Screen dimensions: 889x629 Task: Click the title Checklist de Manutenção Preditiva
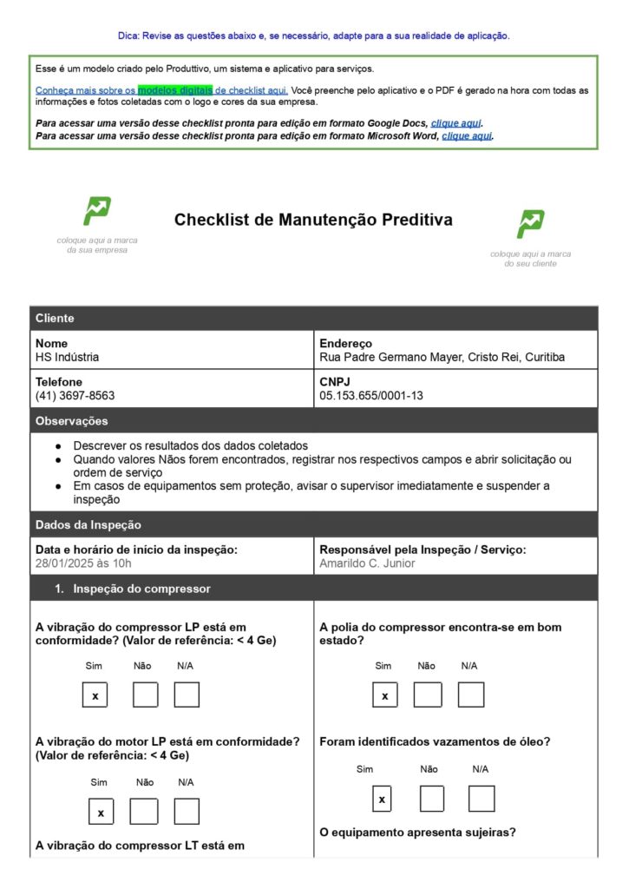(313, 220)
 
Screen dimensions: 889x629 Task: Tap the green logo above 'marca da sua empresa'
(96, 211)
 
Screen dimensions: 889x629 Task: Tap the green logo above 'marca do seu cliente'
(530, 224)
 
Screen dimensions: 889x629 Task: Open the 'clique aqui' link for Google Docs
(455, 123)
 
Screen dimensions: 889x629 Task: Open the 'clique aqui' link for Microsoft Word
(467, 135)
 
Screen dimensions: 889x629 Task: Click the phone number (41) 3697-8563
(75, 395)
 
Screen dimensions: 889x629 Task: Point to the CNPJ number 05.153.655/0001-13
(371, 395)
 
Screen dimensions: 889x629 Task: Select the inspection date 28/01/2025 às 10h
(83, 563)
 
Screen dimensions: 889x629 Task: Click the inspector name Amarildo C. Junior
(367, 563)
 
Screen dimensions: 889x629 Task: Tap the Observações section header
(72, 421)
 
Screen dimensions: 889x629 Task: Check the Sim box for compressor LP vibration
(95, 695)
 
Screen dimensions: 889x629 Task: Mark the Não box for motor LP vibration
(144, 812)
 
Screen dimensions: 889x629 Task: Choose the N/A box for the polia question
(471, 695)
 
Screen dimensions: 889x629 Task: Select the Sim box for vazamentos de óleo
(382, 799)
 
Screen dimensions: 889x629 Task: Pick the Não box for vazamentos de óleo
(431, 799)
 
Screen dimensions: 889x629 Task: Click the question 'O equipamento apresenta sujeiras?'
(417, 833)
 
